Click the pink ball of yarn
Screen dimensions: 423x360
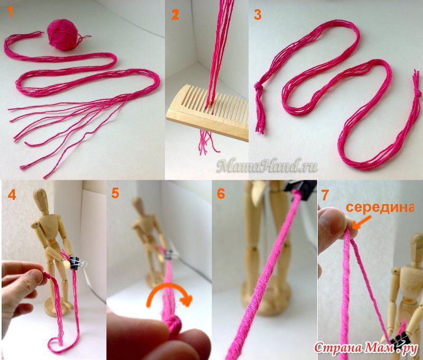(x=62, y=34)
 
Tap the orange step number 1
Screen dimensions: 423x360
(x=10, y=12)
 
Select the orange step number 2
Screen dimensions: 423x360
(x=175, y=15)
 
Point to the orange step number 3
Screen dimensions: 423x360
(x=258, y=15)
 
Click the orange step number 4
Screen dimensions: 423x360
(x=12, y=194)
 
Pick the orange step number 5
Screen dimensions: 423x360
(x=115, y=193)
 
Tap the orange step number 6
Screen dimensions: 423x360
(x=220, y=193)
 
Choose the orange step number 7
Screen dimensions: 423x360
(x=325, y=195)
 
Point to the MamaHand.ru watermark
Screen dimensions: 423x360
(x=266, y=166)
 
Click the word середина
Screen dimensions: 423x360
(x=380, y=207)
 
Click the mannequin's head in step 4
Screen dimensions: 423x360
(x=41, y=198)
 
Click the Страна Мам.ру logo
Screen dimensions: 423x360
(x=366, y=348)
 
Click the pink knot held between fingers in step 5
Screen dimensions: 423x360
(x=172, y=324)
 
